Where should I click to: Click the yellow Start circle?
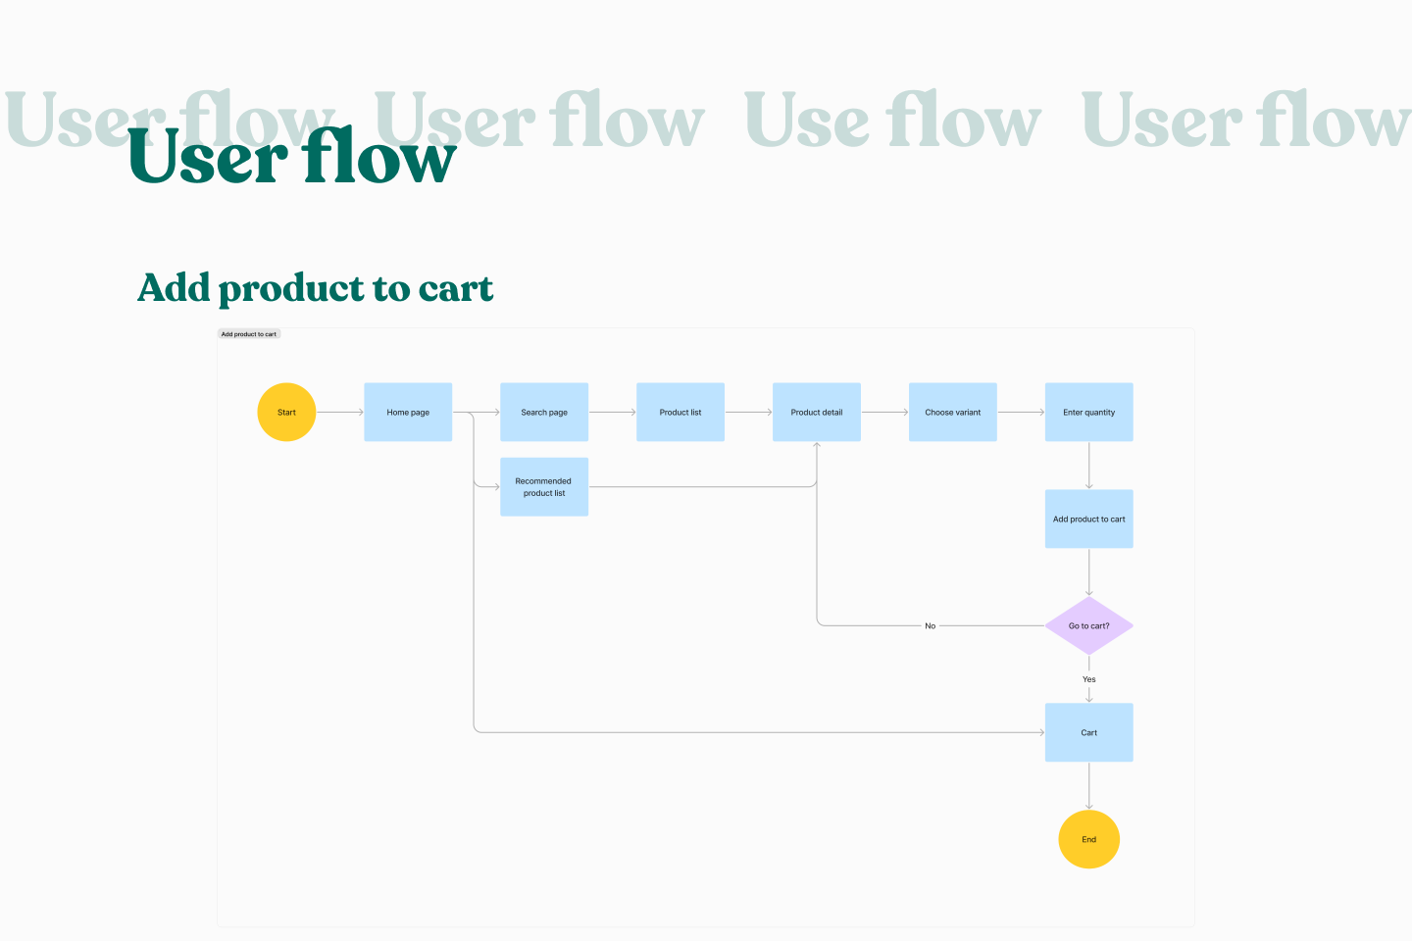[x=286, y=412]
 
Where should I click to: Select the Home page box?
[x=408, y=412]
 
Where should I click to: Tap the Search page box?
[x=544, y=412]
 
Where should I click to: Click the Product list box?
[x=681, y=412]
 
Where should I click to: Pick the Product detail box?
[x=817, y=412]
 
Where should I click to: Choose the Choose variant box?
[x=953, y=412]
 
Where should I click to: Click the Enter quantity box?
[x=1088, y=412]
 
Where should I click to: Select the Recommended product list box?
[x=544, y=487]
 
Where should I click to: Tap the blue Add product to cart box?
[x=1088, y=519]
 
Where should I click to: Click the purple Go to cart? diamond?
[x=1088, y=625]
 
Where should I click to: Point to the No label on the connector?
[x=930, y=625]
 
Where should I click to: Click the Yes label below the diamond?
[x=1088, y=679]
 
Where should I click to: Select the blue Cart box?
[x=1088, y=732]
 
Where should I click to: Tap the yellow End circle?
[x=1088, y=839]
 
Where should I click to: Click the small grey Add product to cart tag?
[x=249, y=334]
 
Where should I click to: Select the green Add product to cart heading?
[x=315, y=288]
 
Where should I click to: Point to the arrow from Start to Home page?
[x=339, y=412]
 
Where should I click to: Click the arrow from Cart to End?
[x=1088, y=785]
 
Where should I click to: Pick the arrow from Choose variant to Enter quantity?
[x=1021, y=412]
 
